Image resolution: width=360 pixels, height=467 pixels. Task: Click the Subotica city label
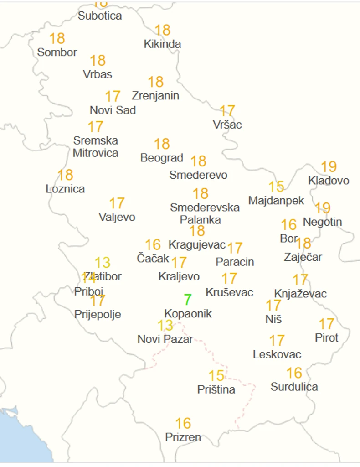(x=100, y=16)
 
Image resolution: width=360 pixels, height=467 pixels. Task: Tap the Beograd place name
(x=162, y=158)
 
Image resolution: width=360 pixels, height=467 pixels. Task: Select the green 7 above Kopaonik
(x=187, y=300)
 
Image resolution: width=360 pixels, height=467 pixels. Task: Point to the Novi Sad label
(x=113, y=110)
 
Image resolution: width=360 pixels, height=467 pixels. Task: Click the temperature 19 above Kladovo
(x=329, y=167)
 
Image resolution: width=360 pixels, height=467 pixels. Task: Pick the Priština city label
(x=216, y=390)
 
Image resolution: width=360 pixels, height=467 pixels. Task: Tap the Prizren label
(x=183, y=437)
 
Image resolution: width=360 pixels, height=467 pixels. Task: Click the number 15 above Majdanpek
(x=276, y=187)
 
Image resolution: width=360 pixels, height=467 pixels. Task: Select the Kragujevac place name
(x=197, y=245)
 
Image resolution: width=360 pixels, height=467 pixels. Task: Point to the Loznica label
(x=65, y=189)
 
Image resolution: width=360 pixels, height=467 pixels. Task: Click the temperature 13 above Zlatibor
(x=103, y=263)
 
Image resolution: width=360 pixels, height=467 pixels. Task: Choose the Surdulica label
(x=294, y=387)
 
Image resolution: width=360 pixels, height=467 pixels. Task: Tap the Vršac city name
(x=227, y=125)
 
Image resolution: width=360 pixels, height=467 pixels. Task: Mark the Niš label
(x=273, y=319)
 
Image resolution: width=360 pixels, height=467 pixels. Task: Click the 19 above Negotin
(x=323, y=208)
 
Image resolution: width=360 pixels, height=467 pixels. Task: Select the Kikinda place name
(x=162, y=44)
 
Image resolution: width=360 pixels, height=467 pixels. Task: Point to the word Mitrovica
(x=96, y=153)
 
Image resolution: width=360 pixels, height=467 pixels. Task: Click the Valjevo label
(x=117, y=218)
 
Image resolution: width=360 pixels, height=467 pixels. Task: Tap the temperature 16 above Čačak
(x=153, y=245)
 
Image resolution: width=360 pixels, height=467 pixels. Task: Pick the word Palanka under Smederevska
(x=201, y=220)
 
